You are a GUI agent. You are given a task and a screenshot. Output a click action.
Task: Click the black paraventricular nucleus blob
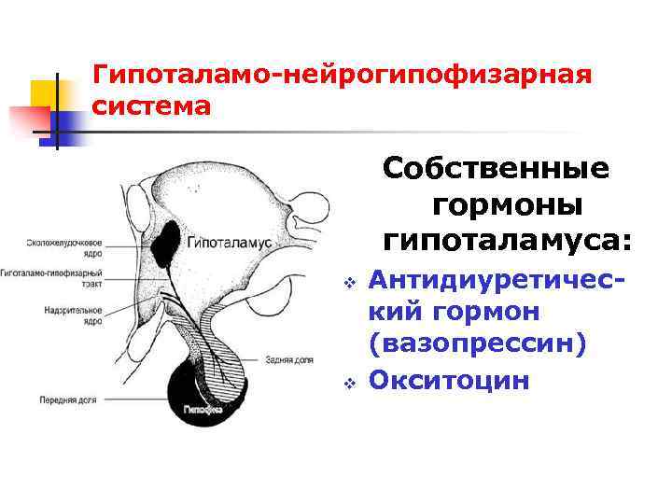point(169,242)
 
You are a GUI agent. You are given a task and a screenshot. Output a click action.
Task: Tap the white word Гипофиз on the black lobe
point(199,409)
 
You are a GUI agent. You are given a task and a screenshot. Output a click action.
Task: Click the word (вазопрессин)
point(479,344)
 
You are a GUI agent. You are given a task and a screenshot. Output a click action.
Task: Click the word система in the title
point(152,106)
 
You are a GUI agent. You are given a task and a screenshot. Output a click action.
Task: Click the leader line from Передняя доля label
point(131,399)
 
